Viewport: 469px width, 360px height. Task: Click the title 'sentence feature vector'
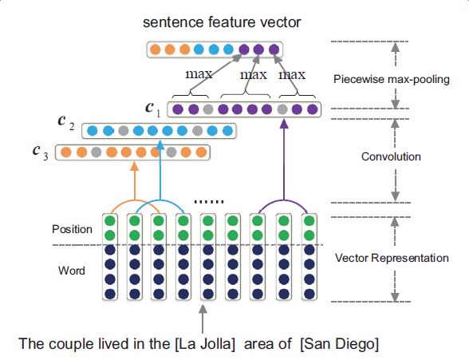(x=222, y=22)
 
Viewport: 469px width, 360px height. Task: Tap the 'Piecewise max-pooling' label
(x=392, y=79)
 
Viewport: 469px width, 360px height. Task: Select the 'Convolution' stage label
(x=391, y=156)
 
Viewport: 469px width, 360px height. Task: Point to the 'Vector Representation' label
(x=392, y=258)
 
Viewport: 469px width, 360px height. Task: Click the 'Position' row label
(x=72, y=229)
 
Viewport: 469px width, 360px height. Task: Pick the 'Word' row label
(x=72, y=271)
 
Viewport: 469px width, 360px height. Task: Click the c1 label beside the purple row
(x=153, y=109)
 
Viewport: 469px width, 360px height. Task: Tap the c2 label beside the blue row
(x=65, y=123)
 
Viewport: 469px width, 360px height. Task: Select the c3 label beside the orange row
(x=40, y=152)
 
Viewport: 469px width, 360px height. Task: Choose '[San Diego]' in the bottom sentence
(x=339, y=344)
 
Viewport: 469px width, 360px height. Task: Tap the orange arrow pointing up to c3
(x=135, y=180)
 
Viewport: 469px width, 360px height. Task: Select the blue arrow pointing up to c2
(x=160, y=170)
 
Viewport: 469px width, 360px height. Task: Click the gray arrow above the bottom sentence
(x=203, y=319)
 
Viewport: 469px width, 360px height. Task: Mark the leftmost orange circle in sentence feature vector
(x=155, y=49)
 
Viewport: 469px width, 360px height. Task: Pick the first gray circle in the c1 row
(x=208, y=109)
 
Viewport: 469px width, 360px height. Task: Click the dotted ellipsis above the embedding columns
(x=209, y=202)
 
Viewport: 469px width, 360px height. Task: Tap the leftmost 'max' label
(x=199, y=74)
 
